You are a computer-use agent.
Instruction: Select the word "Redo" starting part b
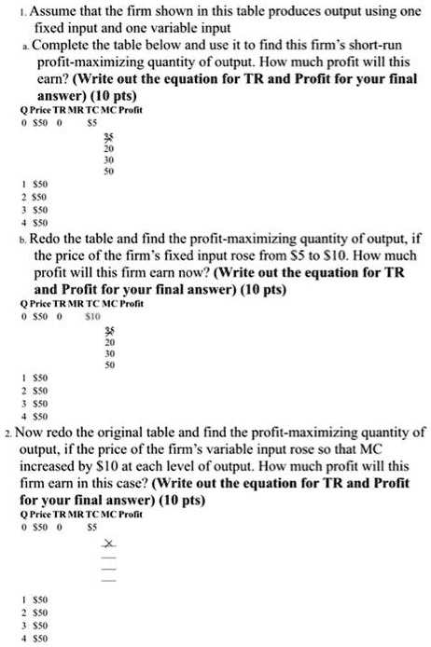pyautogui.click(x=48, y=239)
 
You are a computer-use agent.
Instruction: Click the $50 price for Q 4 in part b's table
pyautogui.click(x=40, y=417)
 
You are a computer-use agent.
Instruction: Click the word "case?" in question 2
pyautogui.click(x=175, y=483)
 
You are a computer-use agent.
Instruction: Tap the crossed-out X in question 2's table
pyautogui.click(x=109, y=544)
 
